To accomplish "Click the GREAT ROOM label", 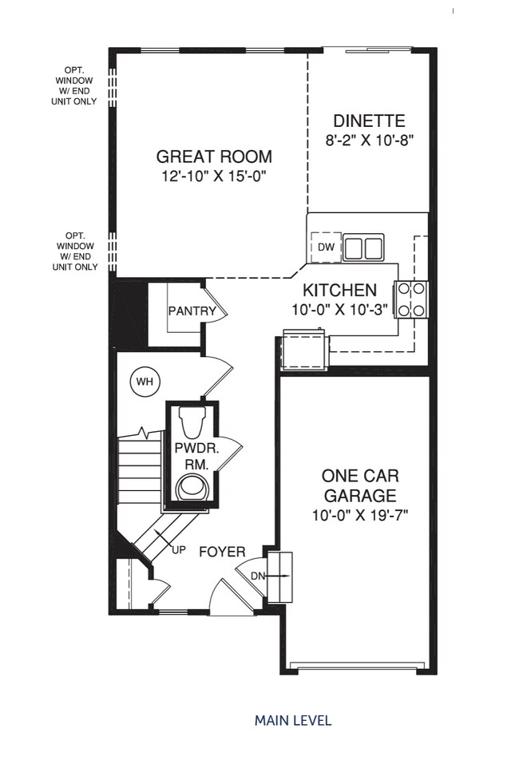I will tap(213, 156).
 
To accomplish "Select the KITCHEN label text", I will tap(339, 290).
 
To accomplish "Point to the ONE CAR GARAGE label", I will tap(359, 485).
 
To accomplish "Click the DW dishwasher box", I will tap(326, 247).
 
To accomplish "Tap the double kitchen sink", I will tap(363, 247).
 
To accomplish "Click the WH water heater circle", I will tap(144, 382).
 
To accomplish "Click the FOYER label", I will tap(222, 552).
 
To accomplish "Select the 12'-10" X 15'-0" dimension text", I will tap(213, 176).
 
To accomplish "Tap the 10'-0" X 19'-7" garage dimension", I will tap(359, 516).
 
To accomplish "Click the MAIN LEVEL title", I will tap(293, 720).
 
